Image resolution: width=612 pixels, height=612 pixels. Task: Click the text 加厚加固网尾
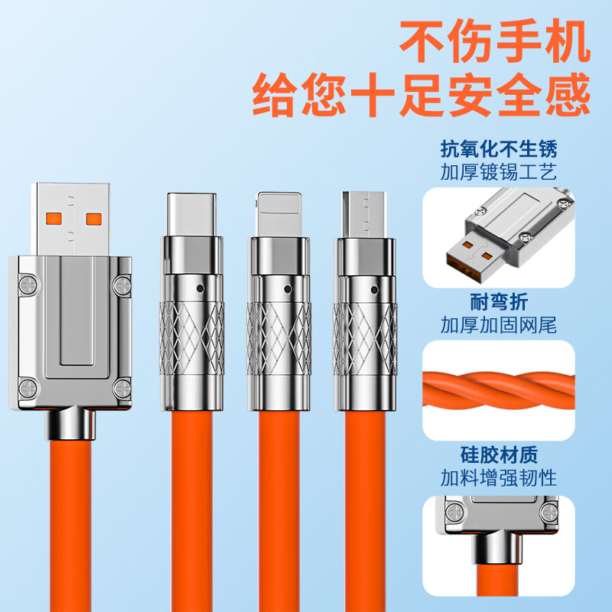click(499, 326)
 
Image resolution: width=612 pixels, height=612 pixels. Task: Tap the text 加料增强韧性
click(499, 480)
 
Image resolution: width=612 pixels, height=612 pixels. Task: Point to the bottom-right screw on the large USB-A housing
click(122, 388)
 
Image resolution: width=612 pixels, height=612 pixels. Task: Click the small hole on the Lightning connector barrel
click(288, 290)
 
